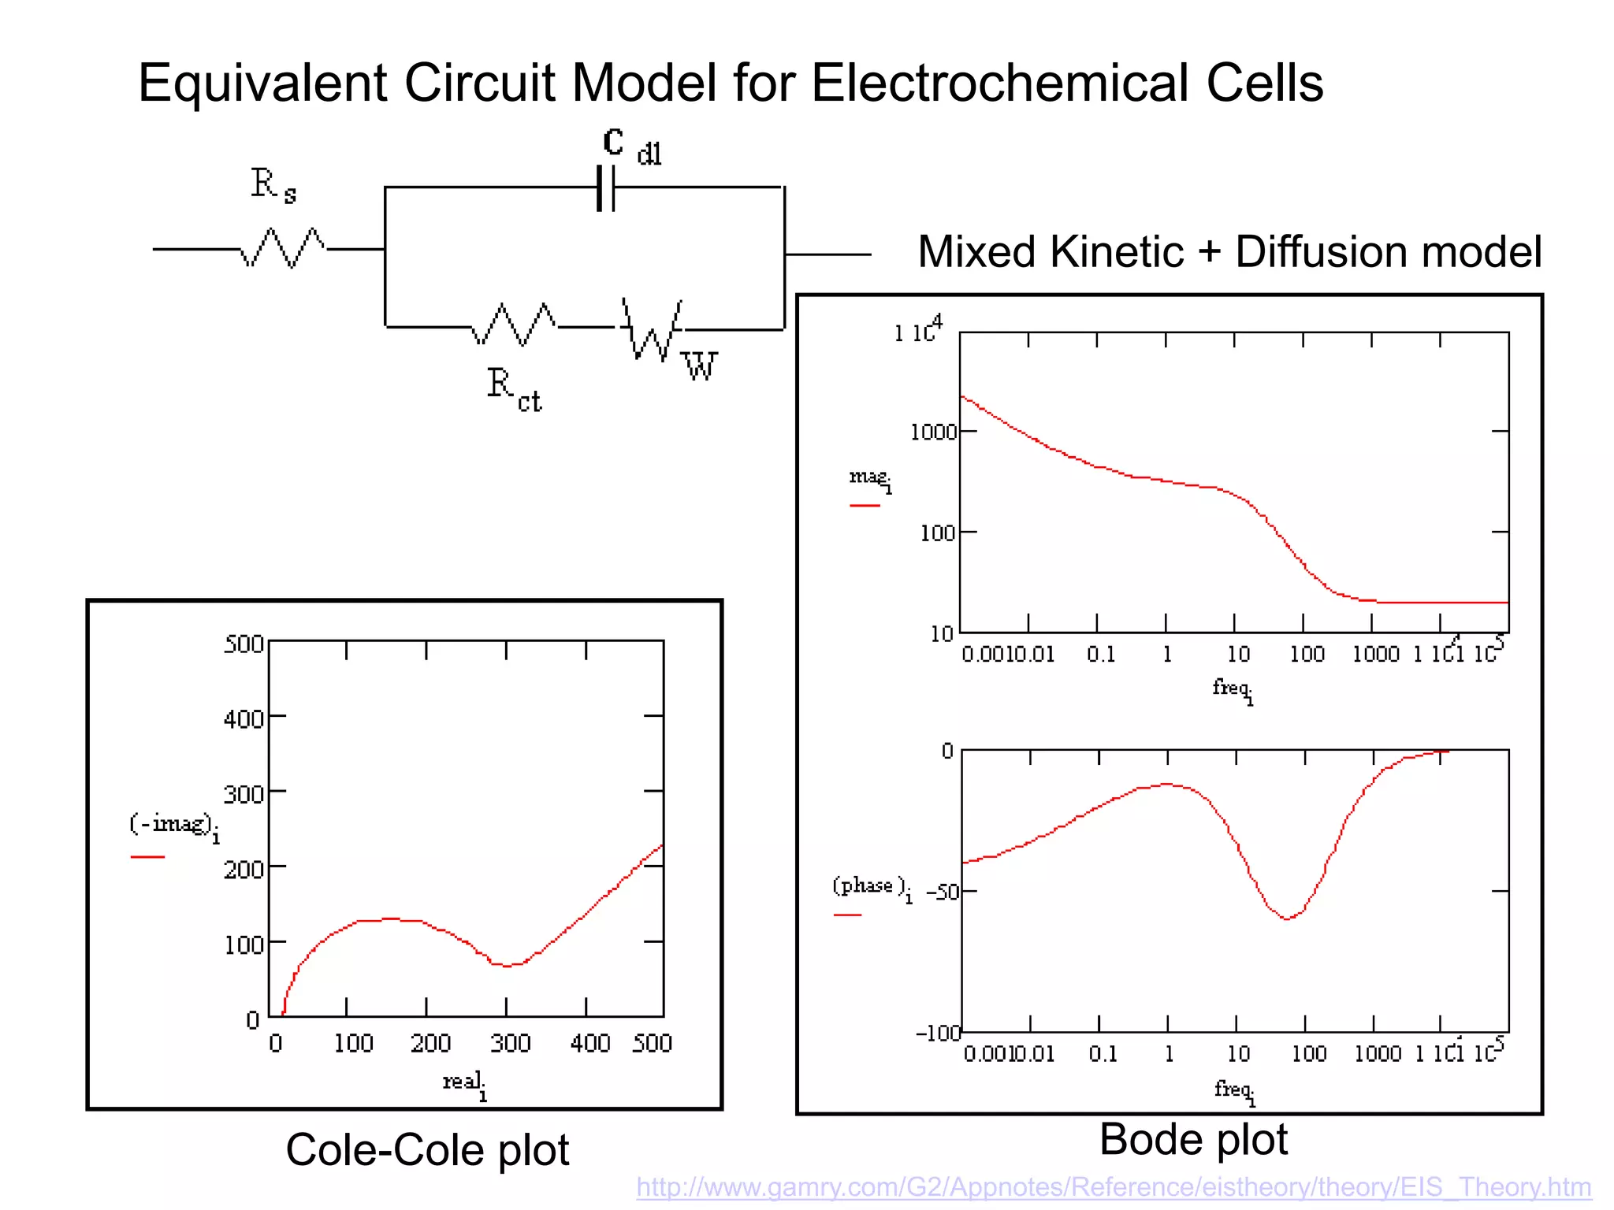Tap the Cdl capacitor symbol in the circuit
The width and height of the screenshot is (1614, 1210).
pos(605,188)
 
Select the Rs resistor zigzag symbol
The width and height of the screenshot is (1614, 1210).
pos(282,248)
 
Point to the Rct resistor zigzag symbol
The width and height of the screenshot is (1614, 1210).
pos(513,325)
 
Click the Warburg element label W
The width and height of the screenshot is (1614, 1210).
pos(699,367)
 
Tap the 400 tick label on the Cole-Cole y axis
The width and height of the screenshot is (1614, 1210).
pos(244,719)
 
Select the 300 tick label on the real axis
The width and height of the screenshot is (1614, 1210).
pos(510,1044)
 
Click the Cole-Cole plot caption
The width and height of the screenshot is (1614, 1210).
pos(427,1150)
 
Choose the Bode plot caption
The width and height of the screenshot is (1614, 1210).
pos(1193,1140)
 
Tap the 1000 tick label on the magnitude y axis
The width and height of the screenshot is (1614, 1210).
pos(933,432)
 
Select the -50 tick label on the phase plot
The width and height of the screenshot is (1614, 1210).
pos(942,893)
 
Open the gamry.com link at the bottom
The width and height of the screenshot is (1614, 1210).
pos(1114,1187)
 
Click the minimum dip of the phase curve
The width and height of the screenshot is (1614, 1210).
pos(1287,919)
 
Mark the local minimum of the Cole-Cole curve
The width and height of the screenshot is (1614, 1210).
pos(508,965)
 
